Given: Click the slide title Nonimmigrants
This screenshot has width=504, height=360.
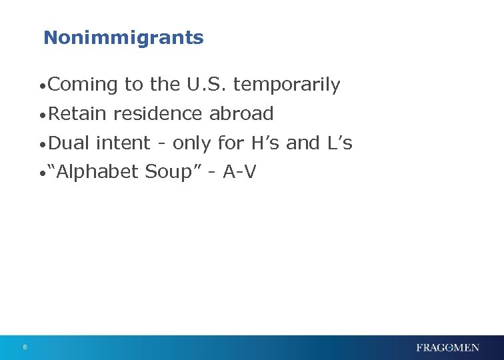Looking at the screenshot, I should [123, 37].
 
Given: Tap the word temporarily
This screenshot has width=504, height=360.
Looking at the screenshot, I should [287, 85].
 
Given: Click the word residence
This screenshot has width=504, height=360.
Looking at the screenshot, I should [158, 114].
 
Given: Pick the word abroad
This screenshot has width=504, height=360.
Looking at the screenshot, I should [241, 114].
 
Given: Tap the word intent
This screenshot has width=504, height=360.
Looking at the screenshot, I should [123, 143].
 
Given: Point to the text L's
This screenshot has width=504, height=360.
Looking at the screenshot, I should [337, 143].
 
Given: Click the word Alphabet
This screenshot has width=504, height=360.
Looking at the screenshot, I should [97, 172].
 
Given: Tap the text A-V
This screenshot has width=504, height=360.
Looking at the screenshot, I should [239, 172].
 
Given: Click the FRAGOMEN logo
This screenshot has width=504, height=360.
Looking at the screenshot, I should [447, 347].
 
